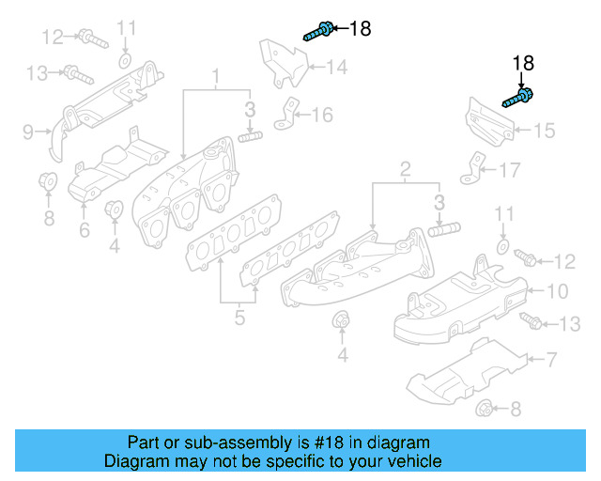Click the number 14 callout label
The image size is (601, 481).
(x=336, y=67)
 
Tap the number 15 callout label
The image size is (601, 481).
(x=545, y=131)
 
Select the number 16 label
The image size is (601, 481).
(x=322, y=116)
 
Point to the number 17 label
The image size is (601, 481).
(x=508, y=170)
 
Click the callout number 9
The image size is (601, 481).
(x=27, y=131)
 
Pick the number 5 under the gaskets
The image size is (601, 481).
(x=239, y=318)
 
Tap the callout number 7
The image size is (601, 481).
(x=551, y=359)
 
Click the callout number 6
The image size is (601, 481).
(x=84, y=229)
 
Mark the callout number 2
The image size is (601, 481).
(x=406, y=169)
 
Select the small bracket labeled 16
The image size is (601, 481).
(x=285, y=115)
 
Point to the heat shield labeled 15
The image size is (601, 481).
(x=488, y=122)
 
